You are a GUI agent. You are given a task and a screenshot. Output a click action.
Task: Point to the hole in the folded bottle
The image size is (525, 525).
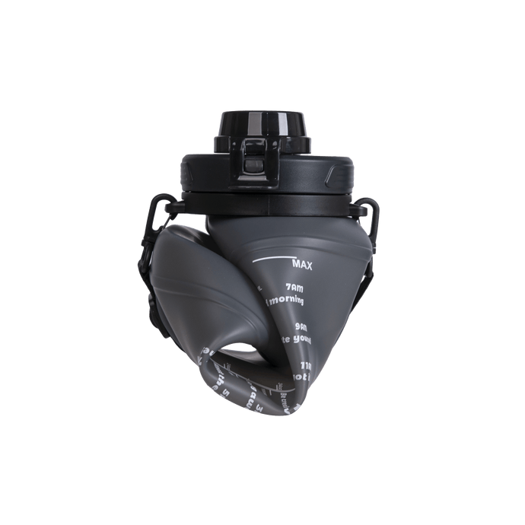point(243,351)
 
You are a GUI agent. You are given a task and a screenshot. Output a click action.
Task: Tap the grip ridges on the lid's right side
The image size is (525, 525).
point(339,180)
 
